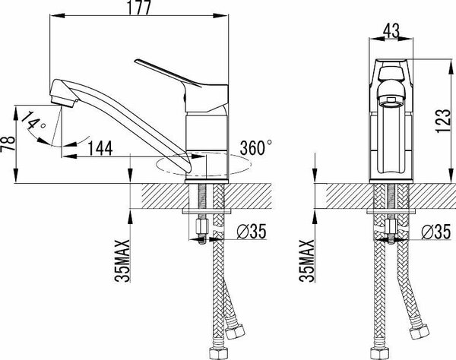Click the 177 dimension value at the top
point(139,8)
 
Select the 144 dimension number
point(100,148)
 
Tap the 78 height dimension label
point(8,144)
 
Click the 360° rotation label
point(256,147)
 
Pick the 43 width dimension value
point(391,30)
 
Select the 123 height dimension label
point(443,121)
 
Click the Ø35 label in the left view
point(252,232)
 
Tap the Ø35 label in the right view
point(436,232)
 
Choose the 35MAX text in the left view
point(122,261)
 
